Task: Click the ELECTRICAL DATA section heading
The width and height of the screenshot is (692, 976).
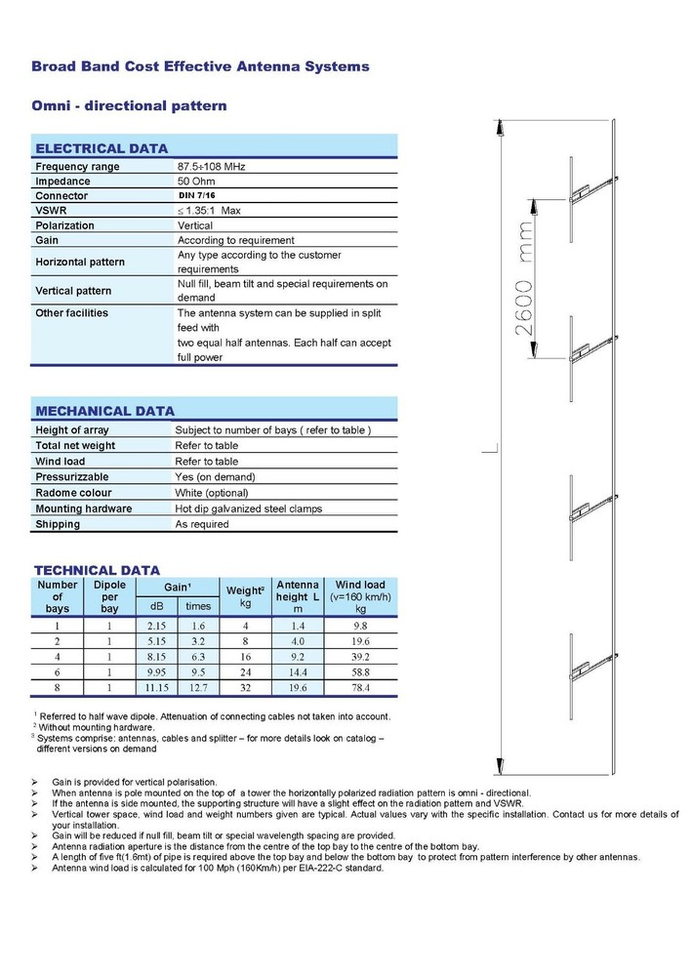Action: point(94,148)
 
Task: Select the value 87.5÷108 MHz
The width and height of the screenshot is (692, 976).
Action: point(211,167)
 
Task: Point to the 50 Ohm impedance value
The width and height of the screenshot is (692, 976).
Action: point(198,182)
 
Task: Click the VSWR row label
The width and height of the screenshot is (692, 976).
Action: point(52,211)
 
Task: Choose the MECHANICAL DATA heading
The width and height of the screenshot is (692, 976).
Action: point(104,411)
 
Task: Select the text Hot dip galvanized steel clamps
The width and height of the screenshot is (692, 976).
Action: point(248,508)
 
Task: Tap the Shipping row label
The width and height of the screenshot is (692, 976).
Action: point(58,524)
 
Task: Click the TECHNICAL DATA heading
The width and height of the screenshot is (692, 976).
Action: point(98,570)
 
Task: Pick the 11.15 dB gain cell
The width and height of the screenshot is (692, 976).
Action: point(158,687)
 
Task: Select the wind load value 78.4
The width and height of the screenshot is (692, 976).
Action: point(360,687)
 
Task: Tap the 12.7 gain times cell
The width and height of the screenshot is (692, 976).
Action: point(198,687)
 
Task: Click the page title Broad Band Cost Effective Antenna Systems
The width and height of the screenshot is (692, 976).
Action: point(201,66)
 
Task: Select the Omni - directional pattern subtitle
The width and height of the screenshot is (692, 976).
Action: point(129,104)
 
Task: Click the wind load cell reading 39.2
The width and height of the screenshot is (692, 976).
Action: point(360,656)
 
